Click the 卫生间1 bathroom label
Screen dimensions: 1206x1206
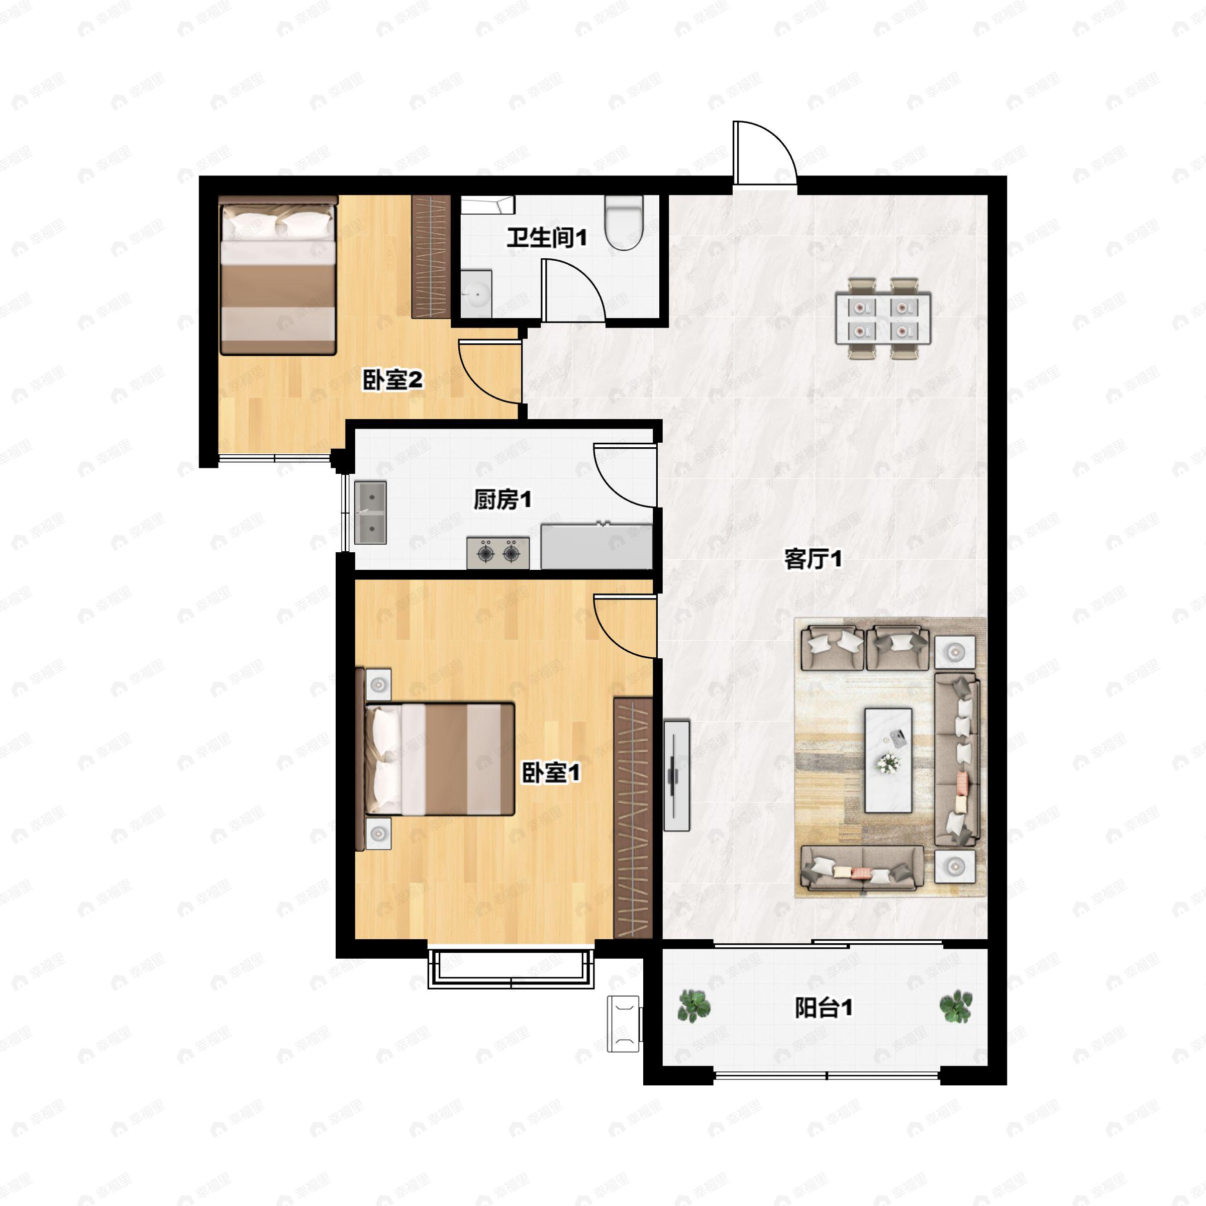pyautogui.click(x=546, y=238)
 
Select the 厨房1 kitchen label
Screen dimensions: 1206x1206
pyautogui.click(x=502, y=499)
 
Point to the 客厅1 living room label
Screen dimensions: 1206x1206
pyautogui.click(x=813, y=559)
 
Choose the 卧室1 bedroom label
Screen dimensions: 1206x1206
pyautogui.click(x=551, y=773)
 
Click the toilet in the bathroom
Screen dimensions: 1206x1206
pyautogui.click(x=624, y=222)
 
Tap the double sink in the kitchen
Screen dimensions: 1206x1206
pyautogui.click(x=370, y=513)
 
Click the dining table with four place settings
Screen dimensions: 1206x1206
pyautogui.click(x=883, y=319)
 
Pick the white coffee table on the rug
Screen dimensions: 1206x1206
pyautogui.click(x=887, y=760)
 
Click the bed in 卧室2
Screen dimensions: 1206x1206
pyautogui.click(x=278, y=276)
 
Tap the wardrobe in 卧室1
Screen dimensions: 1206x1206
pyautogui.click(x=632, y=818)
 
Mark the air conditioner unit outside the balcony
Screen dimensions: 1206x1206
pyautogui.click(x=624, y=1024)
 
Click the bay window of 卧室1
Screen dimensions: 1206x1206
pyautogui.click(x=511, y=968)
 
